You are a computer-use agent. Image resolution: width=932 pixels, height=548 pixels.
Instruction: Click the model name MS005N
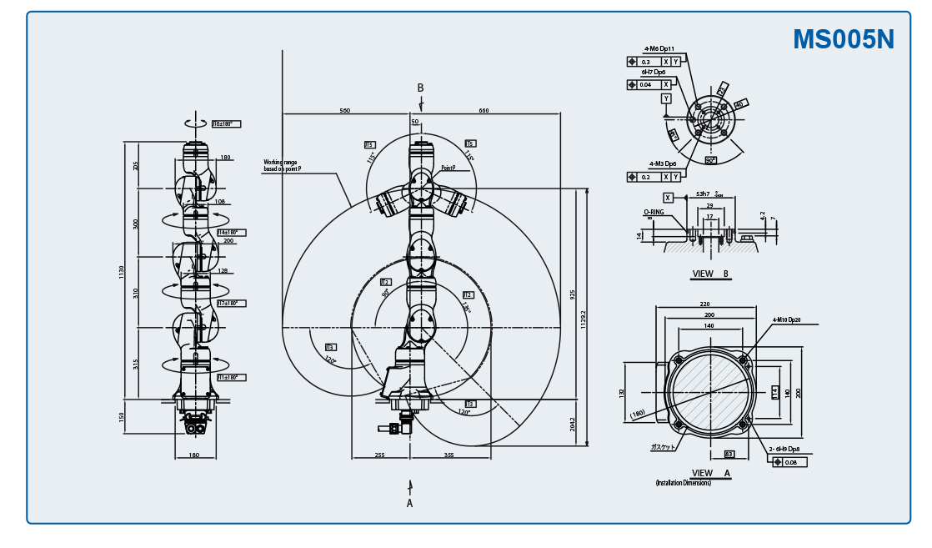(x=843, y=39)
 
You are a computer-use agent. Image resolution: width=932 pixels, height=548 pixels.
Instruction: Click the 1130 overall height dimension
(x=121, y=270)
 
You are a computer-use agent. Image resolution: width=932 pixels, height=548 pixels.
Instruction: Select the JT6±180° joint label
(x=225, y=124)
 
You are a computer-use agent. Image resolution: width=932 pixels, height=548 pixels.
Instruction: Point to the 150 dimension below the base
(x=121, y=416)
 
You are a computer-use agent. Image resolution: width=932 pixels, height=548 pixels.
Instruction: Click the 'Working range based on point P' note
(x=282, y=165)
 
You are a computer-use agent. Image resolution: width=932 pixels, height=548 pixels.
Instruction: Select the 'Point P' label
(x=448, y=168)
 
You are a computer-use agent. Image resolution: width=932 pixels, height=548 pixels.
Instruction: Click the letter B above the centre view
(x=420, y=88)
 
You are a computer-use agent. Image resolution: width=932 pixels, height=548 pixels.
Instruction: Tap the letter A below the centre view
(x=409, y=503)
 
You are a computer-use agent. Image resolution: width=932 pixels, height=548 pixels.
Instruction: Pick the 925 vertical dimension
(x=573, y=295)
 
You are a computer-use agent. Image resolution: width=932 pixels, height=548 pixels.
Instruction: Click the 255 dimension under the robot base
(x=379, y=455)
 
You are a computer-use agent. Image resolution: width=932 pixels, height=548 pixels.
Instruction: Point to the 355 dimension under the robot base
(x=449, y=455)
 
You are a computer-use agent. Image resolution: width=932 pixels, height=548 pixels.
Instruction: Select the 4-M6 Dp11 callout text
(x=659, y=48)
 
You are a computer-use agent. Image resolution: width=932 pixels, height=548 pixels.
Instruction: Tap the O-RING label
(x=653, y=213)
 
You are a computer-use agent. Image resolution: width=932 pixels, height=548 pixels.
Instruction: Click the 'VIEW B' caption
(x=710, y=273)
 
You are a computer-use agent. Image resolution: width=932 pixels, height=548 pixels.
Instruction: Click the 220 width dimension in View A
(x=704, y=304)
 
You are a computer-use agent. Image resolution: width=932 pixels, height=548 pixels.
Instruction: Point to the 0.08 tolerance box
(x=791, y=462)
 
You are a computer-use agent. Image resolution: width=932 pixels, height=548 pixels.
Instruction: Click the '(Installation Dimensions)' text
(x=683, y=482)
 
